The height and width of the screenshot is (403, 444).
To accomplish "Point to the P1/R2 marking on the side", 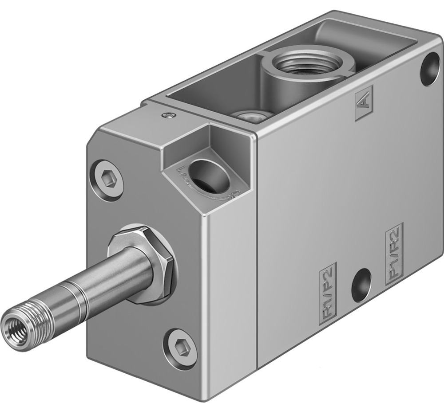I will click(395, 252).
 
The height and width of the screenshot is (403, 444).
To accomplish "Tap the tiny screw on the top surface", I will click(167, 116).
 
